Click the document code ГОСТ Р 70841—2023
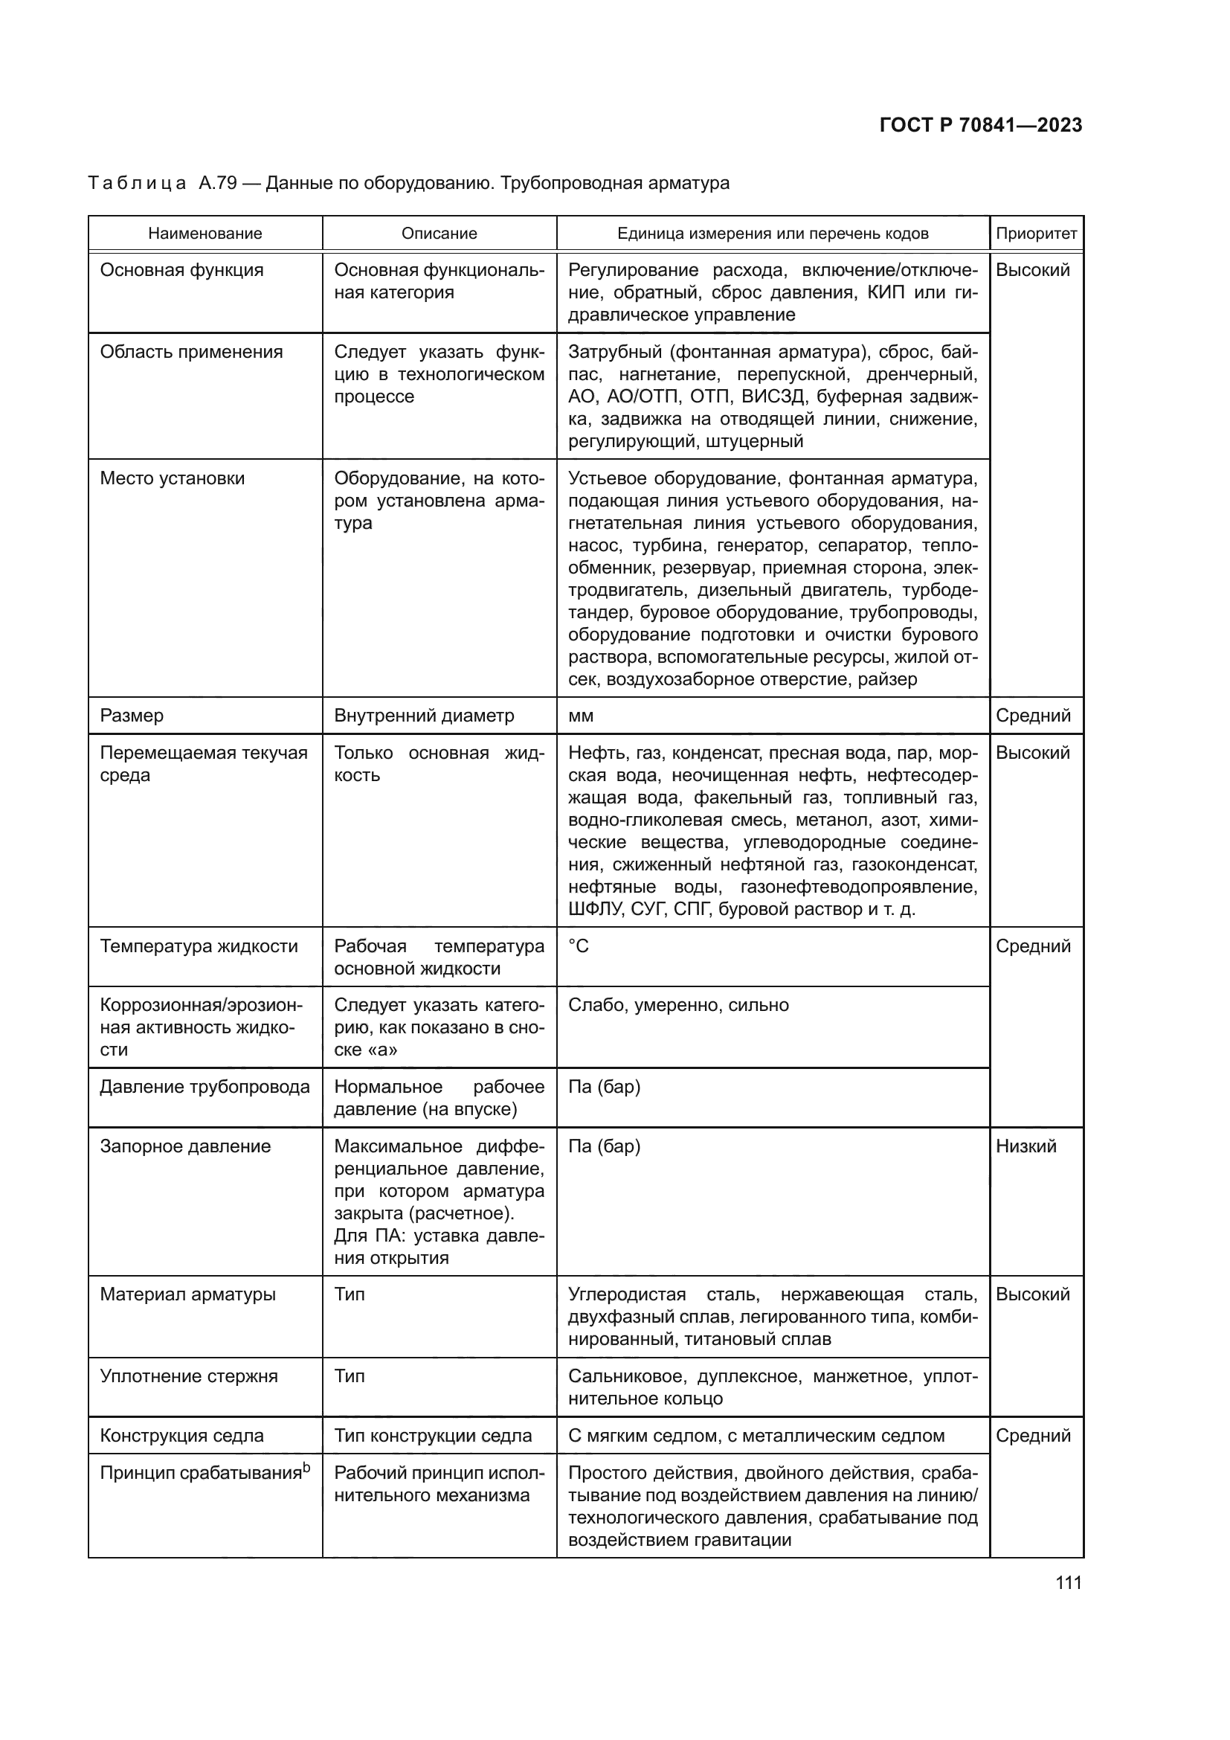(981, 126)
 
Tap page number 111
(1068, 1582)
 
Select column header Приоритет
(1035, 234)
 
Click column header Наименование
(205, 234)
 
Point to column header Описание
(439, 234)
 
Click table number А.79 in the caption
(218, 183)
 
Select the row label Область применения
(191, 352)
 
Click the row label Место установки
(172, 478)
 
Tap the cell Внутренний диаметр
(423, 716)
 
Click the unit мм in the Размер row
(580, 716)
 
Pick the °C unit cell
(578, 946)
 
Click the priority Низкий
(1025, 1146)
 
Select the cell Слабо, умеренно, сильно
(678, 1005)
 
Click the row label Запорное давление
(185, 1146)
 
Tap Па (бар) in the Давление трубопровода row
(604, 1087)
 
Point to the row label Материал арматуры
(187, 1294)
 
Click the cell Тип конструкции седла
(433, 1435)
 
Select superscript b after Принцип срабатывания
(306, 1467)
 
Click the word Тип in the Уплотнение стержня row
(350, 1376)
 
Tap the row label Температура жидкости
(199, 946)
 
